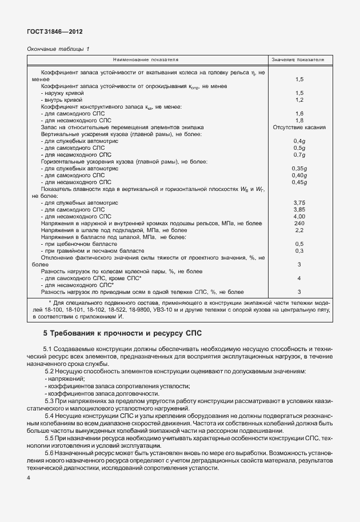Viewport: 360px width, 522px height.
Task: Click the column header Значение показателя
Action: (x=298, y=59)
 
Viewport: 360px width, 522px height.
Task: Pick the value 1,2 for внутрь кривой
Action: (x=298, y=99)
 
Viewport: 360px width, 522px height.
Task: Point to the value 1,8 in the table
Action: (x=298, y=121)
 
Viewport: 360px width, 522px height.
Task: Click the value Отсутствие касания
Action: (x=299, y=127)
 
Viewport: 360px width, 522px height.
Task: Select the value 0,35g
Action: (x=299, y=168)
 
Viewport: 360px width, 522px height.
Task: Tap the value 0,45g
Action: (x=299, y=182)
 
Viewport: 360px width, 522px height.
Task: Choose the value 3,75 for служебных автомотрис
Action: (x=299, y=202)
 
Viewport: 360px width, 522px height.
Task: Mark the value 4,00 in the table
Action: (x=299, y=216)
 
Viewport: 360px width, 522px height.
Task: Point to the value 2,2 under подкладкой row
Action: (x=298, y=230)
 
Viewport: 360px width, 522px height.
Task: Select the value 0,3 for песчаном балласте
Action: (x=298, y=250)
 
